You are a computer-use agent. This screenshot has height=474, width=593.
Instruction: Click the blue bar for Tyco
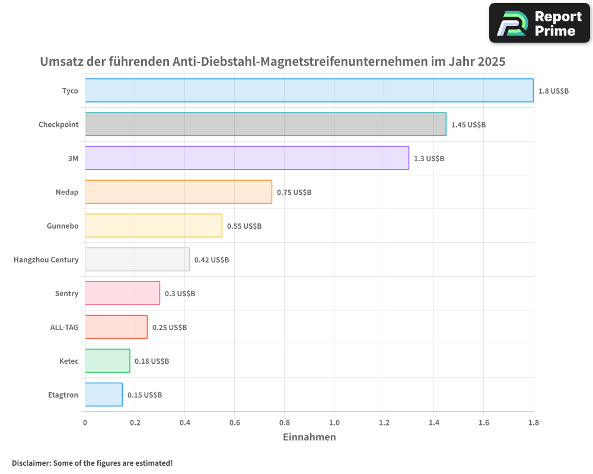point(308,91)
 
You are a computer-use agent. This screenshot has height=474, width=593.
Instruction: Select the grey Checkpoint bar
point(265,124)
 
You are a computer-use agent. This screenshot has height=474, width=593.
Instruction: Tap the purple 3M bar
point(247,158)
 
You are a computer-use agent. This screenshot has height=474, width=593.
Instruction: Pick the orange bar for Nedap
point(178,192)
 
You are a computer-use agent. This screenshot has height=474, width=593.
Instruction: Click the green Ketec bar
point(107,361)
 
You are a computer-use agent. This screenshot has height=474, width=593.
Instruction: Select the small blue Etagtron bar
point(104,395)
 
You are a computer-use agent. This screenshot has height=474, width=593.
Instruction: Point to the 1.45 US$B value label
point(468,124)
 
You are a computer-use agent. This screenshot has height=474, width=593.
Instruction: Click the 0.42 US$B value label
point(212,260)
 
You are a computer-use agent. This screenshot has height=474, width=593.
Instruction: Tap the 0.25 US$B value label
point(170,327)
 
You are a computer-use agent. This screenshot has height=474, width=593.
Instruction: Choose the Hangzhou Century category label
point(46,260)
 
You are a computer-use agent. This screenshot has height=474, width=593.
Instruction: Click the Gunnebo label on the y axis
point(62,226)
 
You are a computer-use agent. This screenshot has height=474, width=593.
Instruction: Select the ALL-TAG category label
point(64,327)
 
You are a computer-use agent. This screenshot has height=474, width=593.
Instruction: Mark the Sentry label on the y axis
point(66,293)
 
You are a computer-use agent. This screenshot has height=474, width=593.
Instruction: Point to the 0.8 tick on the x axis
point(284,422)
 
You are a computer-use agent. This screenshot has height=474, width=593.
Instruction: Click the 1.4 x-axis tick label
point(433,422)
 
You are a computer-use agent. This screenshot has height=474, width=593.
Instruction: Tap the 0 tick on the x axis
point(85,422)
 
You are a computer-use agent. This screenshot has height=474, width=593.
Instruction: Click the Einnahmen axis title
point(309,437)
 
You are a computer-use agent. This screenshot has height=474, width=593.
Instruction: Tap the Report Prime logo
point(540,23)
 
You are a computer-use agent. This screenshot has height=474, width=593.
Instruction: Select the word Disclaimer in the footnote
point(30,463)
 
